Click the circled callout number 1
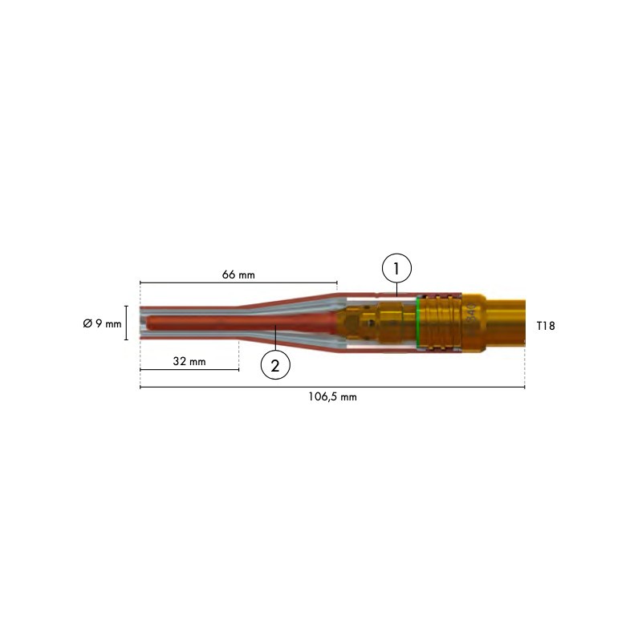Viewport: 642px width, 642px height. (x=396, y=268)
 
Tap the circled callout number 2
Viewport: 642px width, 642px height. (x=275, y=365)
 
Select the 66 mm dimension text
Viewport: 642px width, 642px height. (x=238, y=274)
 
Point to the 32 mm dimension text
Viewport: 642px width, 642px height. (x=189, y=362)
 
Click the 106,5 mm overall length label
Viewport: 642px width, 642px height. (x=332, y=397)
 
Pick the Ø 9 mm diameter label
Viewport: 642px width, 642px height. (x=102, y=323)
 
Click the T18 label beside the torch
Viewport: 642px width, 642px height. (x=545, y=326)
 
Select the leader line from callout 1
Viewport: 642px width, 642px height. (x=396, y=289)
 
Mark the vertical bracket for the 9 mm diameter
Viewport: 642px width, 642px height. (x=127, y=323)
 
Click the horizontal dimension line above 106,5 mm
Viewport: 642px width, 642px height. (x=332, y=388)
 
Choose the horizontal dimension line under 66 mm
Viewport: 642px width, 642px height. (x=238, y=282)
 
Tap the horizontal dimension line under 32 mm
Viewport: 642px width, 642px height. (x=189, y=370)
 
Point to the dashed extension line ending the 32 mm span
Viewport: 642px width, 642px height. (x=238, y=357)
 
